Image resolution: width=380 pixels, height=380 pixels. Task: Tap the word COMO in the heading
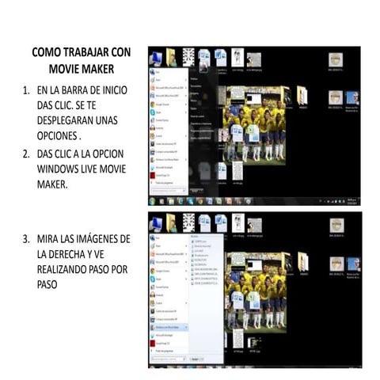point(44,52)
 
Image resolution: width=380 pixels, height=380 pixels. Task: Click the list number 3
point(25,239)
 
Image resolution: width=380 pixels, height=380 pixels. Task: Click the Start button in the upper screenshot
point(153,200)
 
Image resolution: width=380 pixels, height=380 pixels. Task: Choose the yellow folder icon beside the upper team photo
point(302,97)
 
